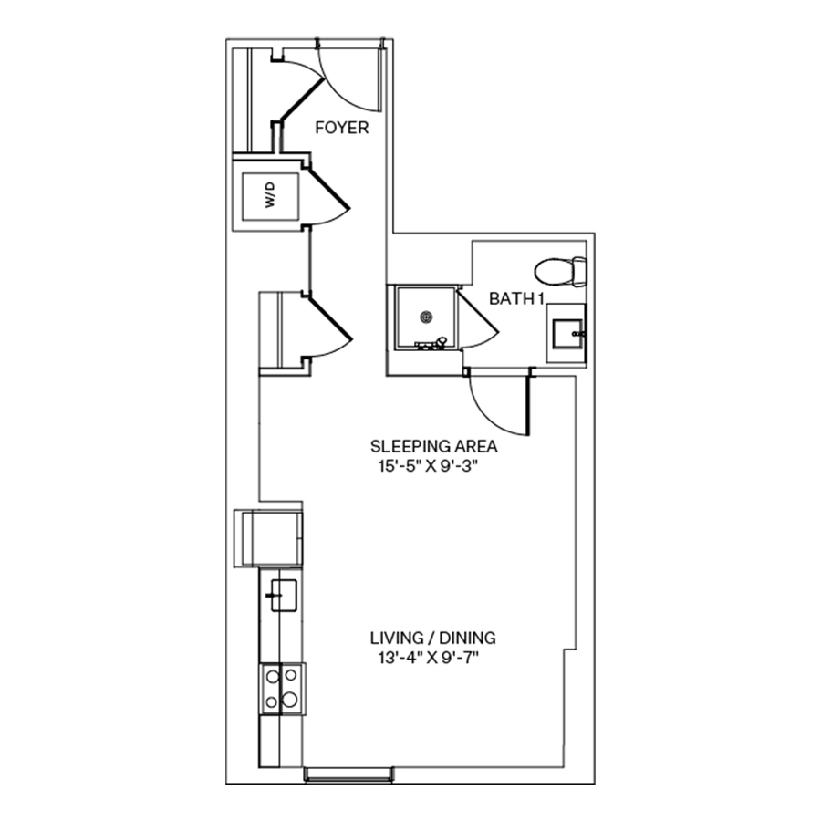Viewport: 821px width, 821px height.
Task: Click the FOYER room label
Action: [342, 128]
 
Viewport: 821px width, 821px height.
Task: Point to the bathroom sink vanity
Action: [566, 334]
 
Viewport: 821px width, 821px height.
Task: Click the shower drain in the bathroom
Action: [425, 317]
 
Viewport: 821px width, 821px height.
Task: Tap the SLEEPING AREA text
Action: [433, 447]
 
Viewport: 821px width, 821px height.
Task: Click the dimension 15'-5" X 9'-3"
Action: [433, 467]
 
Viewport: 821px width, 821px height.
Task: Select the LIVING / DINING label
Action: [432, 639]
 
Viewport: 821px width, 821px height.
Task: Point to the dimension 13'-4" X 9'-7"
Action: [432, 659]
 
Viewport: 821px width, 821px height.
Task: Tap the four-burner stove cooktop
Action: [282, 689]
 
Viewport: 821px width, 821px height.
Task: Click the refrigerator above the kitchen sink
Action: [270, 538]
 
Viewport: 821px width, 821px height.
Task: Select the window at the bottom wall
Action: [348, 774]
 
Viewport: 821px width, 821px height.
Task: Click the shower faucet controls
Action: [431, 344]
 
